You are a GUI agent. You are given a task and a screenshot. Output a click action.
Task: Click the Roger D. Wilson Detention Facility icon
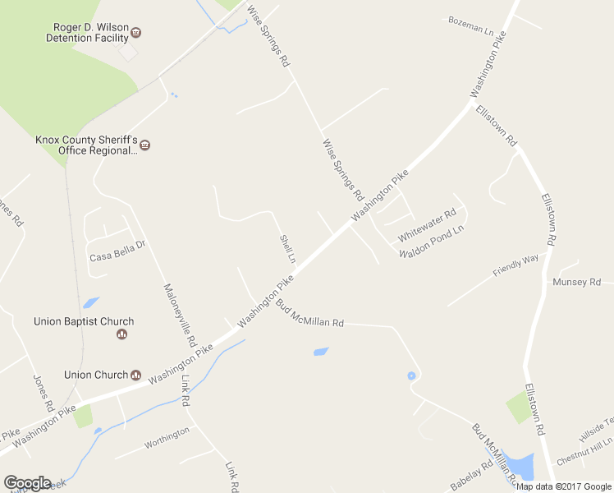[x=136, y=33]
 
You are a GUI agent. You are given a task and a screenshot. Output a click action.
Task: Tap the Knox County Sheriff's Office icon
[x=145, y=145]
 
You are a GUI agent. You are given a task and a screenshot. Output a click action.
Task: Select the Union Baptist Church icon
[x=122, y=334]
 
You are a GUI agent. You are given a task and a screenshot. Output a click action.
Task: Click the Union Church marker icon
[x=136, y=375]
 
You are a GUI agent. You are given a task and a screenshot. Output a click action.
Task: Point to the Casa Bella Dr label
[x=117, y=256]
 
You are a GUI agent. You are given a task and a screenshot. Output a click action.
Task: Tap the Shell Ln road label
[x=287, y=248]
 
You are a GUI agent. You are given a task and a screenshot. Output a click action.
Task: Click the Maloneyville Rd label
[x=180, y=313]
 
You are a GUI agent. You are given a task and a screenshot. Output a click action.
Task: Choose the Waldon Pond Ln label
[x=431, y=242]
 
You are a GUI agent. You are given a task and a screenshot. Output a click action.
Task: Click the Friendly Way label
[x=515, y=265]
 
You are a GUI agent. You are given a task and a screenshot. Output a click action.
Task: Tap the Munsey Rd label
[x=576, y=282]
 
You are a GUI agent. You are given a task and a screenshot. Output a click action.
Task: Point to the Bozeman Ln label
[x=471, y=24]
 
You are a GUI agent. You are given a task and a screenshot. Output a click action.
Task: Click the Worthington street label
[x=167, y=437]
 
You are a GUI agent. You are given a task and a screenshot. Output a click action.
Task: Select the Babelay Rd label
[x=470, y=476]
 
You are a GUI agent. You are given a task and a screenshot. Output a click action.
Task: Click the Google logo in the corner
[x=27, y=483]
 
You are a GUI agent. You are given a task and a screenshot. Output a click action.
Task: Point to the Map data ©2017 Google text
[x=564, y=486]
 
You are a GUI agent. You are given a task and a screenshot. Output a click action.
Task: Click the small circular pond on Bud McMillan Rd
[x=411, y=376]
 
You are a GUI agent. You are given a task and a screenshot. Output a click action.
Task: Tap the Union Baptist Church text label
[x=84, y=321]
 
